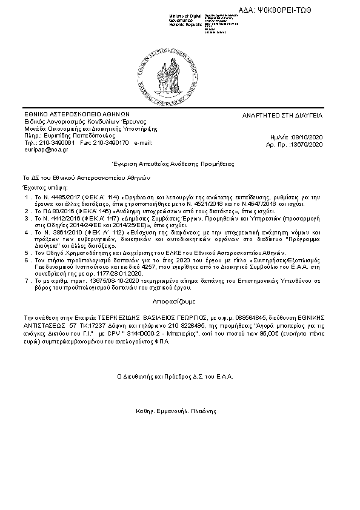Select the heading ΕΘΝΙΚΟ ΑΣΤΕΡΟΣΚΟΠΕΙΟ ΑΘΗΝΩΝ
coord(77,114)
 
